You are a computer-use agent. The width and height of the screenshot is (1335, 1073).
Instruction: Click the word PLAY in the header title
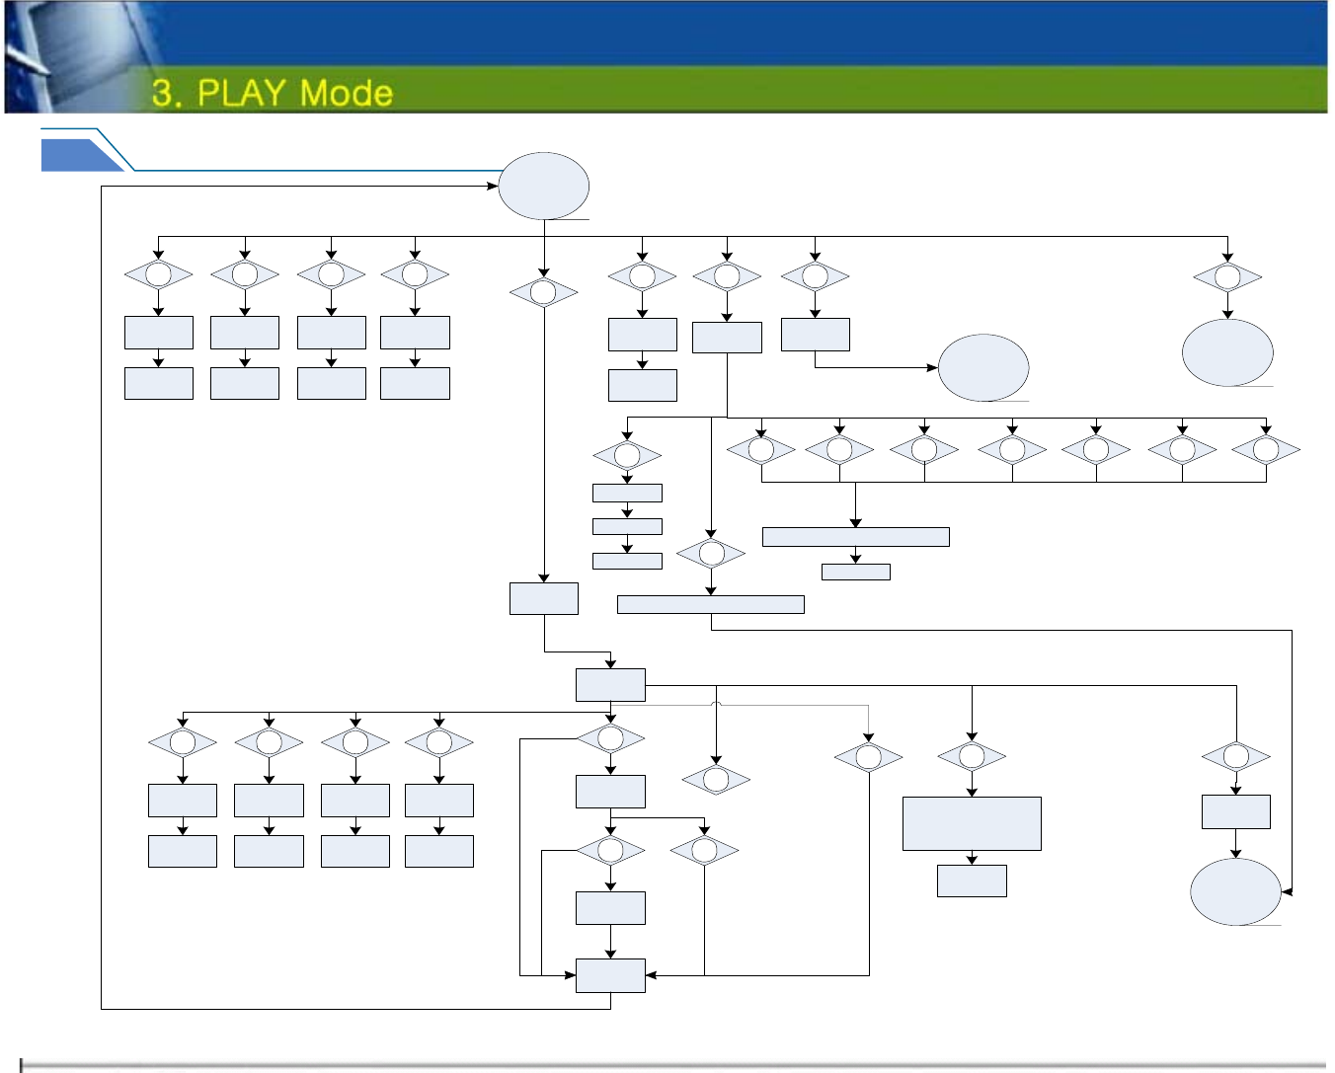243,93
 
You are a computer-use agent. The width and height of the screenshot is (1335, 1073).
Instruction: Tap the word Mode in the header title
346,93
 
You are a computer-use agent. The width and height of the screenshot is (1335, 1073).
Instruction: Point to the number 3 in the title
164,93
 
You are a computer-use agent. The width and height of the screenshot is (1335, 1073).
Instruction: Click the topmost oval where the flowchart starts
544,186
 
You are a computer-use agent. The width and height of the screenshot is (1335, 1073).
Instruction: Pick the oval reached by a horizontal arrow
983,367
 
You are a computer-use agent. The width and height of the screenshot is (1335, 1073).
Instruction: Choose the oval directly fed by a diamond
1227,352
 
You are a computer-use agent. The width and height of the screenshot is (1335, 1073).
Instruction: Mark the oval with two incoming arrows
1235,891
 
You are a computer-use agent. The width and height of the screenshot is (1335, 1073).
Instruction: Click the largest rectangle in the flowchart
972,823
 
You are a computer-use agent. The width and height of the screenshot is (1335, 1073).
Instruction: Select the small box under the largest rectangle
972,881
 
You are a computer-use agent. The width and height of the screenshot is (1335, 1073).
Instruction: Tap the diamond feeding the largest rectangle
972,757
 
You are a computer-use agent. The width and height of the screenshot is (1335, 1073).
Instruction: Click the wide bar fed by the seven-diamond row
855,537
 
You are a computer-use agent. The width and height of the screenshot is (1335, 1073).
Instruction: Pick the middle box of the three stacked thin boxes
627,526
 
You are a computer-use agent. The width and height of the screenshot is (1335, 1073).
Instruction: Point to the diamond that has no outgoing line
716,780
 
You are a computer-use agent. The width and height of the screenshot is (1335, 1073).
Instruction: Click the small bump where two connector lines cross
716,704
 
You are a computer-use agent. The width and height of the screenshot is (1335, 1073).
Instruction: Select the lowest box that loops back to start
610,975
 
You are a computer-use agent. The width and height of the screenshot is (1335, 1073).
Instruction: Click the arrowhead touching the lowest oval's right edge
1286,891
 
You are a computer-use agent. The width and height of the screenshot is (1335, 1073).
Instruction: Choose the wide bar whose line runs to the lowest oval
710,604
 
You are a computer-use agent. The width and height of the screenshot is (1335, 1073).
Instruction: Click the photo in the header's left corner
69,57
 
